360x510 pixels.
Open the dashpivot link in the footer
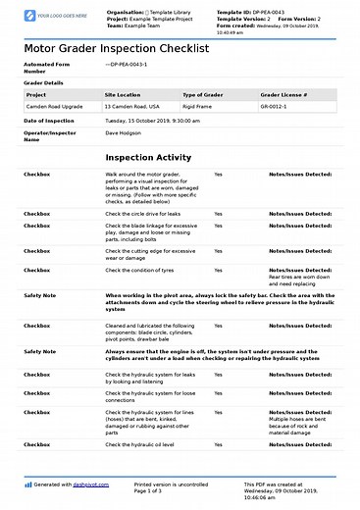87,484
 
